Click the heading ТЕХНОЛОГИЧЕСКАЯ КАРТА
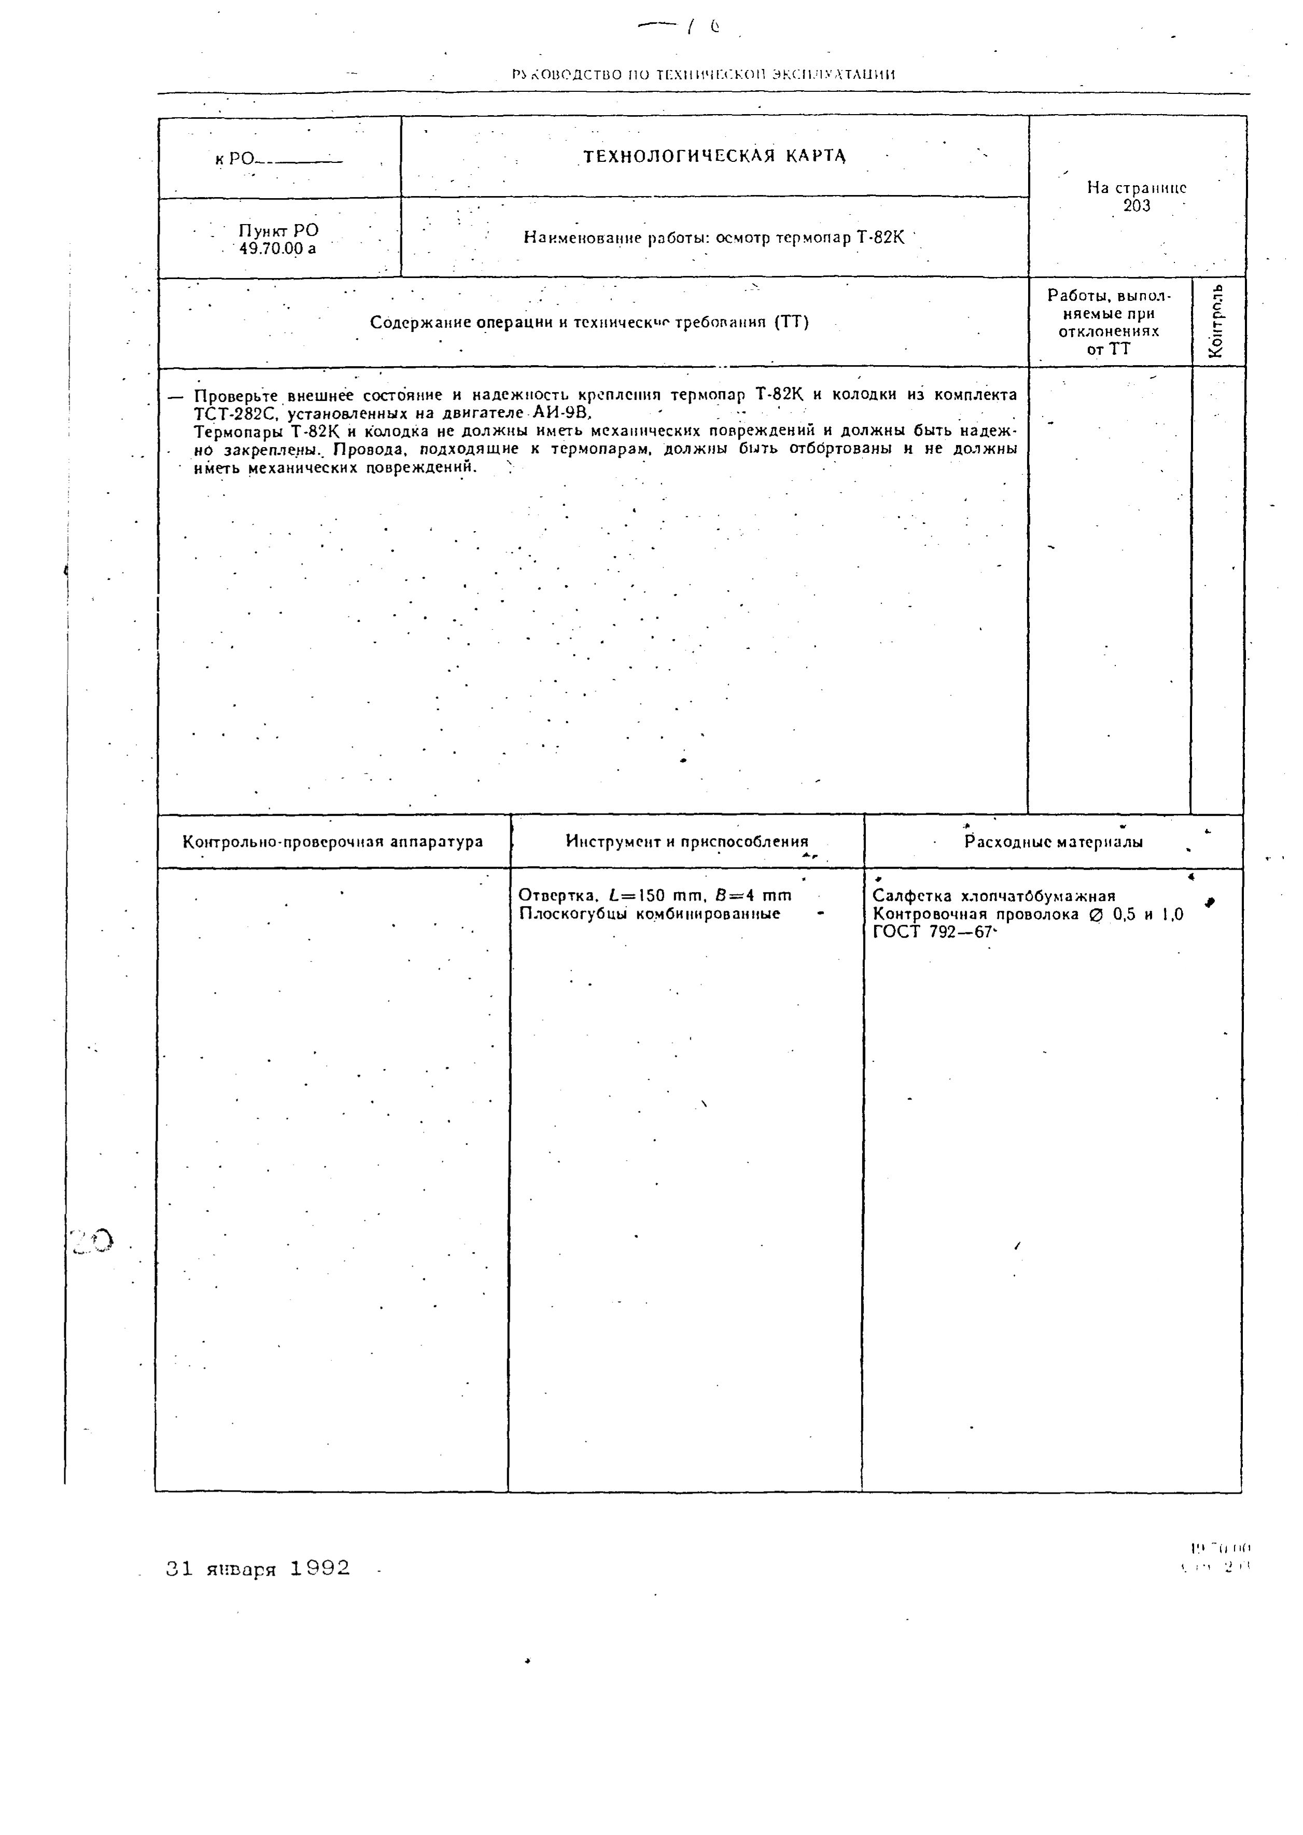714,156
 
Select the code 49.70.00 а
277,249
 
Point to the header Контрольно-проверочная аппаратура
333,842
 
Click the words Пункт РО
277,231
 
